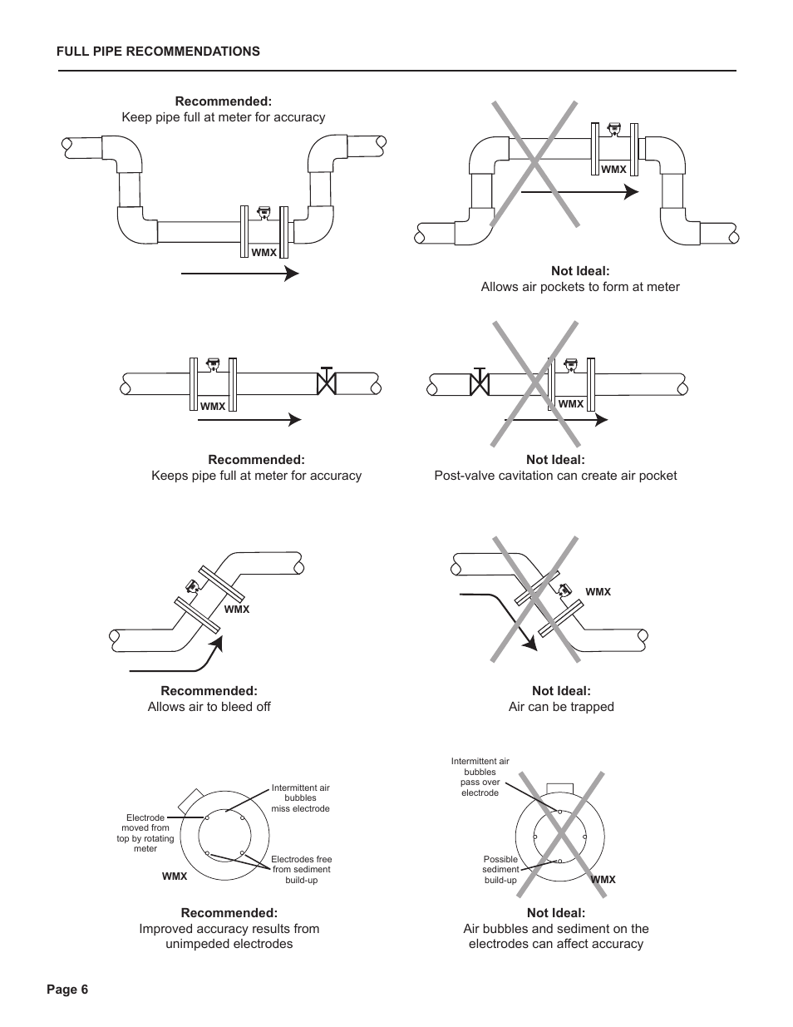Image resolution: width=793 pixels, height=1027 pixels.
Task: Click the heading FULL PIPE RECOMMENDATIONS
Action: pyautogui.click(x=158, y=52)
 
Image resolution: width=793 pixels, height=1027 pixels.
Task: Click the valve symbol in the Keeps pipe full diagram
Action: pyautogui.click(x=327, y=382)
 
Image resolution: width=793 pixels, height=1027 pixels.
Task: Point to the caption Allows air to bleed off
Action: pyautogui.click(x=209, y=707)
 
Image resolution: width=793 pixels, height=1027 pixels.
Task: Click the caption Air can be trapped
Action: pyautogui.click(x=561, y=707)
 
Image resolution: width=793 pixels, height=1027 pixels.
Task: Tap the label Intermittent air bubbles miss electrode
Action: pyautogui.click(x=300, y=797)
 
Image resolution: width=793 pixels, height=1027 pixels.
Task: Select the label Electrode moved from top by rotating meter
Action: pyautogui.click(x=145, y=833)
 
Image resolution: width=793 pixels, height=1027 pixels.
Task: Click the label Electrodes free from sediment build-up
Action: pyautogui.click(x=301, y=869)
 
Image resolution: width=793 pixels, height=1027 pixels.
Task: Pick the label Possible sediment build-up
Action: pyautogui.click(x=500, y=870)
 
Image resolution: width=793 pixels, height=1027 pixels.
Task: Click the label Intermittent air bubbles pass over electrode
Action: pyautogui.click(x=480, y=777)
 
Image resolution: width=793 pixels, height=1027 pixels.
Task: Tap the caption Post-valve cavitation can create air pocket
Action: pyautogui.click(x=555, y=476)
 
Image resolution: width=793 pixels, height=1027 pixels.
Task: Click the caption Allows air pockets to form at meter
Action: pyautogui.click(x=579, y=287)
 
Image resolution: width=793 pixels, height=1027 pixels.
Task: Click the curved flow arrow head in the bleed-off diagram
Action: pyautogui.click(x=218, y=642)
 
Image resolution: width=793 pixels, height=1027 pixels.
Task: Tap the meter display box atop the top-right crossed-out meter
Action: pyautogui.click(x=614, y=128)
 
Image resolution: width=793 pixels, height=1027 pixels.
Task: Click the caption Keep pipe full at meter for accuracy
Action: pyautogui.click(x=223, y=117)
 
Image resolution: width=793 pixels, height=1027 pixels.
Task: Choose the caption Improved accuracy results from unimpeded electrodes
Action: pyautogui.click(x=229, y=936)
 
